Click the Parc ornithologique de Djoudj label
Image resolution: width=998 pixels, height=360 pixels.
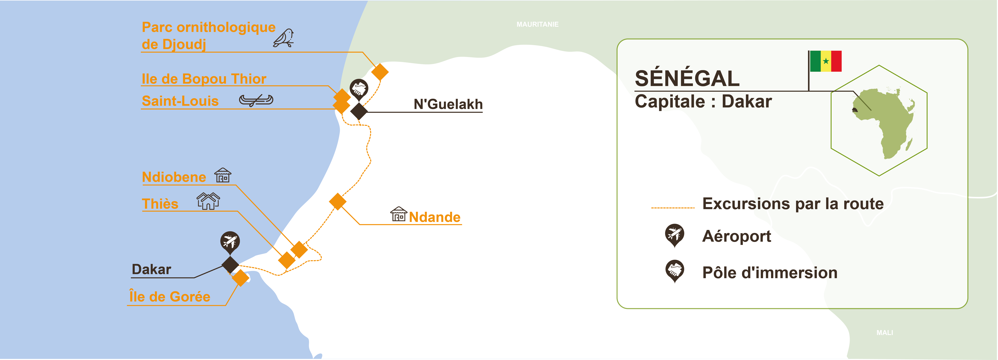pyautogui.click(x=208, y=36)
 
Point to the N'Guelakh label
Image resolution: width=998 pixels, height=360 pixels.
pyautogui.click(x=448, y=104)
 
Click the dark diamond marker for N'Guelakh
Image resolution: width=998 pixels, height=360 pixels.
pyautogui.click(x=359, y=111)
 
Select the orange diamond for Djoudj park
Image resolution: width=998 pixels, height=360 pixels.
pyautogui.click(x=380, y=72)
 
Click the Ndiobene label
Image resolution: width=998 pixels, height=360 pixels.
pyautogui.click(x=174, y=177)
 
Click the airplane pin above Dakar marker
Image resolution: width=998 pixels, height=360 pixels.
pyautogui.click(x=230, y=241)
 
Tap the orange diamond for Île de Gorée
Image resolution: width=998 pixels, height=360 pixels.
pyautogui.click(x=241, y=278)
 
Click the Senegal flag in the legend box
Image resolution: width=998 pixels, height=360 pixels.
pyautogui.click(x=826, y=61)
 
